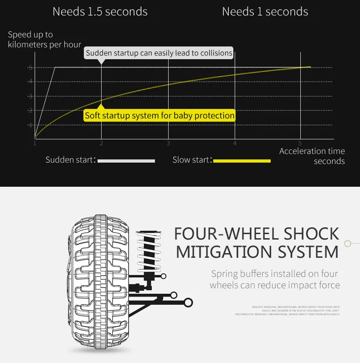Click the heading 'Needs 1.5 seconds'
point(100,11)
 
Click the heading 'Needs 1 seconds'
point(265,11)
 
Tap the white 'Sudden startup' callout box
point(159,53)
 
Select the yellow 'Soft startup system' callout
point(159,115)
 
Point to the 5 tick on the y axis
point(31,67)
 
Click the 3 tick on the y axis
point(31,96)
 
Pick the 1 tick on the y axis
point(31,125)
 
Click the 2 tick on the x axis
point(101,143)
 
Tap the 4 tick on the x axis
point(235,143)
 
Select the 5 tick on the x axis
point(300,143)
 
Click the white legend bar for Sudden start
point(126,161)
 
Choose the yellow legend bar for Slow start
point(242,161)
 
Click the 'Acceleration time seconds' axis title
point(313,156)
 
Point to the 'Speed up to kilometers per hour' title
point(44,39)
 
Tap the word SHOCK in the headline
point(311,234)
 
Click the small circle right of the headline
point(348,244)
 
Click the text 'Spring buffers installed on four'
point(274,274)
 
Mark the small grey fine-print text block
point(292,311)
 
